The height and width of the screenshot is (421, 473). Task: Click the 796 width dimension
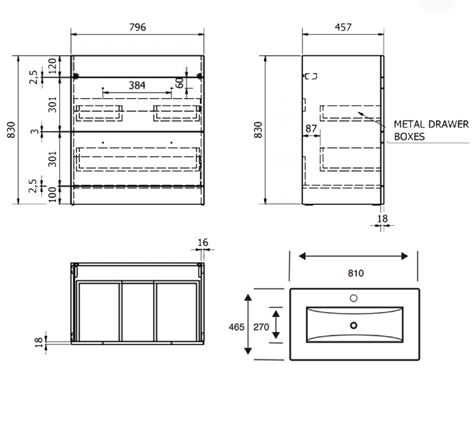tap(138, 27)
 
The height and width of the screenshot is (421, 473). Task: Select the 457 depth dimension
tap(343, 27)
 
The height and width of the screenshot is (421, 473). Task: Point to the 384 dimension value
tap(137, 85)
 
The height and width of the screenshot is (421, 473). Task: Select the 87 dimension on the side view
tap(311, 129)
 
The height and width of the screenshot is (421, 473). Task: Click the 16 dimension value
tap(203, 243)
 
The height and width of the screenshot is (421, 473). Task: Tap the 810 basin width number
tap(355, 273)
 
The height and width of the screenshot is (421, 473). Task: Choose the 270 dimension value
tap(261, 327)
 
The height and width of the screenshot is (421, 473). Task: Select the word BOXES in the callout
tap(410, 137)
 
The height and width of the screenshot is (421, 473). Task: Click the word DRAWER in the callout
tap(447, 124)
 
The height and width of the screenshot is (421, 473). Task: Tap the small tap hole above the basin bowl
tap(353, 298)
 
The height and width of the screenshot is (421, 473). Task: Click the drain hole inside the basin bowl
tap(353, 325)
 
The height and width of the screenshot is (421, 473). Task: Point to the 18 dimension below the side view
tap(382, 219)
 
